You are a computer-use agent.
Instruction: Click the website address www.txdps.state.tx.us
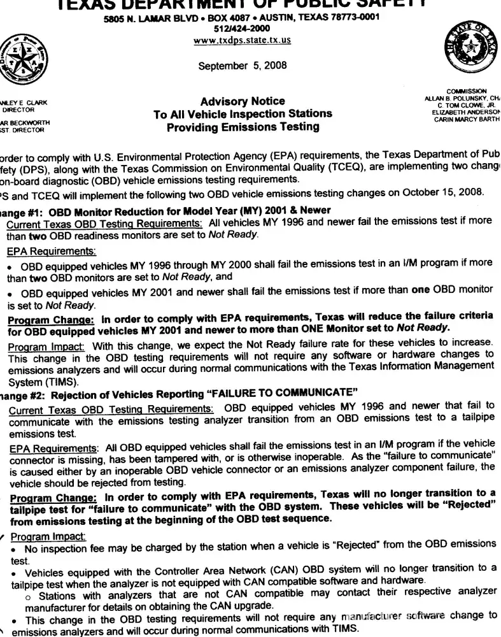tap(242, 39)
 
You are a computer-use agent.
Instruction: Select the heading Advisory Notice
tap(234, 101)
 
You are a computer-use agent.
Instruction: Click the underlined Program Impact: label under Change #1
tap(45, 346)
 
